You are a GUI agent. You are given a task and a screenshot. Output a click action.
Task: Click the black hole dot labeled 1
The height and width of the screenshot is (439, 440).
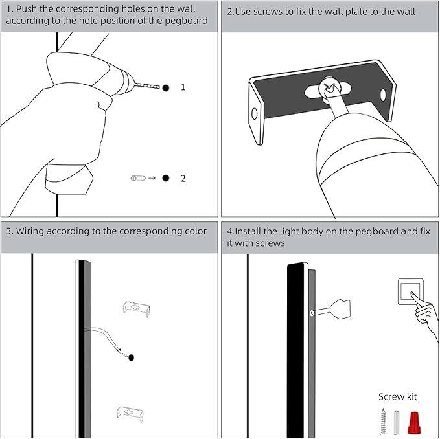click(x=166, y=87)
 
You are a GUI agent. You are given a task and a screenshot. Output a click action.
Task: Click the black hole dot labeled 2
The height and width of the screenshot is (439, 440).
click(x=166, y=178)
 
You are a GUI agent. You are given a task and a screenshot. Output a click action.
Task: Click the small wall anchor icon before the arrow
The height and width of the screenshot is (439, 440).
click(x=137, y=178)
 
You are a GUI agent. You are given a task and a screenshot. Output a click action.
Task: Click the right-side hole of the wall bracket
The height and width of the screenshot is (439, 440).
click(x=383, y=95)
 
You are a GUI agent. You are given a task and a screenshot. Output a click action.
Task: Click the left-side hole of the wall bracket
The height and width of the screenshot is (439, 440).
click(x=254, y=114)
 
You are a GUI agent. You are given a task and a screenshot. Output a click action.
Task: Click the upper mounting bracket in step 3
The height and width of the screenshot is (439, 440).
click(x=137, y=308)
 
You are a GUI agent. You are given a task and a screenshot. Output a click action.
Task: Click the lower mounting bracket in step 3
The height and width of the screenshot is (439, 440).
click(x=130, y=413)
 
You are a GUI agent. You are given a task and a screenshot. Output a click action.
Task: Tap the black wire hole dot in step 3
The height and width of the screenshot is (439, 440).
click(x=132, y=357)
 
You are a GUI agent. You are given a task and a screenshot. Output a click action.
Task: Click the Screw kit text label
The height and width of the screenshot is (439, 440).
click(x=397, y=396)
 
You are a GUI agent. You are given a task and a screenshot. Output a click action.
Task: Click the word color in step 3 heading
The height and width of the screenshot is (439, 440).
click(x=192, y=231)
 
